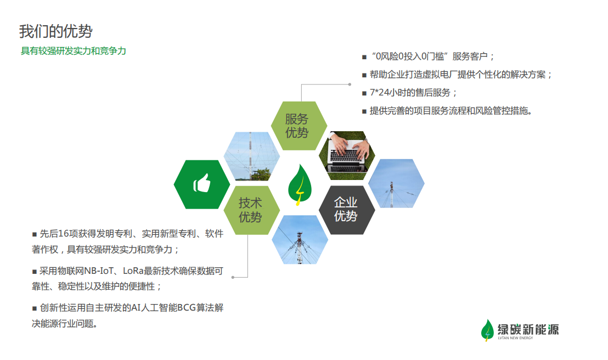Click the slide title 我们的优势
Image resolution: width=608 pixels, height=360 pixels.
56,31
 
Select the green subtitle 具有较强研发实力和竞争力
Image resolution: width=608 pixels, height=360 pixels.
74,51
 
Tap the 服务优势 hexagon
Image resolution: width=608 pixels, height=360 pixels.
299,126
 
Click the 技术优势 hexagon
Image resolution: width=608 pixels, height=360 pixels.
252,210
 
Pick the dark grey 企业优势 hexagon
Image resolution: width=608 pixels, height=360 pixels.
347,210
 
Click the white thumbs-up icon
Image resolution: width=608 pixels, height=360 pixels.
202,183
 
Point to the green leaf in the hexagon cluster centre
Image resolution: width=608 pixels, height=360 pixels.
300,184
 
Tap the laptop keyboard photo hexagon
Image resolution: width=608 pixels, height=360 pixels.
347,155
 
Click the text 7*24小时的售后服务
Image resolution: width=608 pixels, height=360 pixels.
410,93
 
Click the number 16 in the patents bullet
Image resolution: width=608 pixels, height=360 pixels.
63,234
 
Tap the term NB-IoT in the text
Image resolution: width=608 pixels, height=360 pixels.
98,271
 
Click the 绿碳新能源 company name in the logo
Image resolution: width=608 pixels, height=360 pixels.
528,329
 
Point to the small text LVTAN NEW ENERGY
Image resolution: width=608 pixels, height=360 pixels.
515,338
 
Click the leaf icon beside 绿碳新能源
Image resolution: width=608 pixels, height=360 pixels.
487,330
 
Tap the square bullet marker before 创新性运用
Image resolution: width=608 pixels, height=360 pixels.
35,309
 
